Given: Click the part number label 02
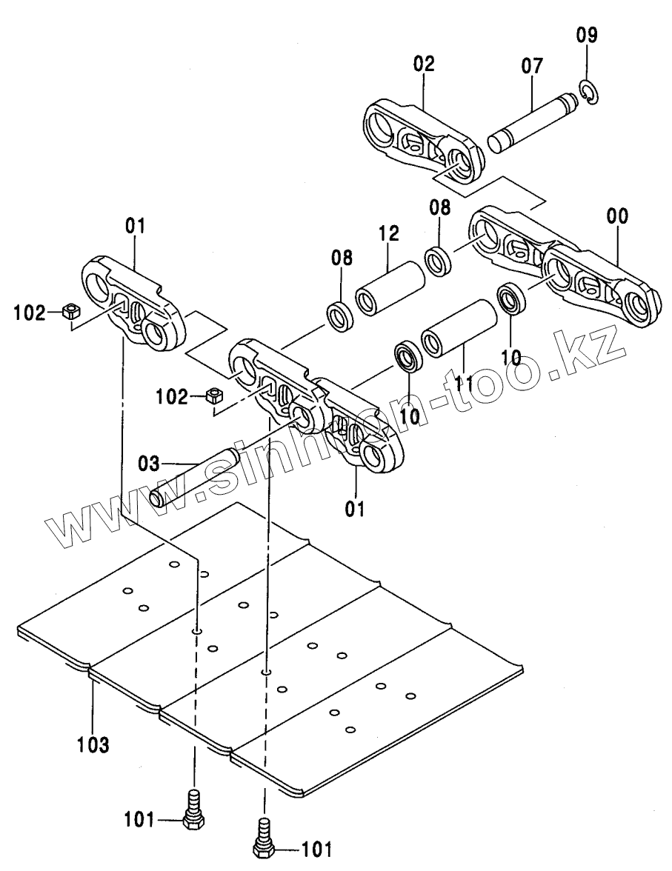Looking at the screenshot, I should (425, 64).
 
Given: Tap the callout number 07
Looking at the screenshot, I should (531, 66).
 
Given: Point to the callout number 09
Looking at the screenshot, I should (586, 35).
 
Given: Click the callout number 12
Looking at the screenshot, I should (387, 235).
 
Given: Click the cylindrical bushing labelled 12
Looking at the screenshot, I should (390, 287).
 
